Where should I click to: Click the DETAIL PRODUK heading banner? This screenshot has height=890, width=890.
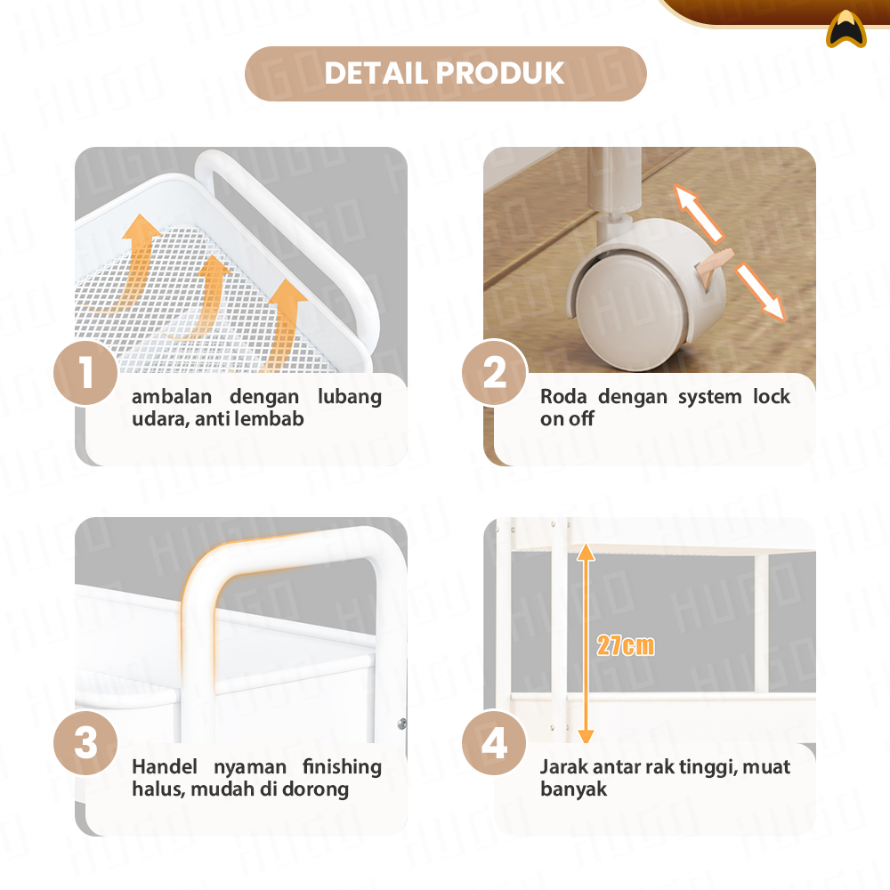pos(446,74)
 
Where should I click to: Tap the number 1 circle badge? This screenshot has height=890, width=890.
pos(85,373)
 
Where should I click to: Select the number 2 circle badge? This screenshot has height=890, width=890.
pos(494,373)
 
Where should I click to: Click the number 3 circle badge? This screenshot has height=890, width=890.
pos(85,743)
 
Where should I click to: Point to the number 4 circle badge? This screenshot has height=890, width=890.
pos(494,743)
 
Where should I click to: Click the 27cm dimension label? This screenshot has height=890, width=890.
pos(626,646)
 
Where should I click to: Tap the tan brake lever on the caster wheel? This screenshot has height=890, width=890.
pos(716,265)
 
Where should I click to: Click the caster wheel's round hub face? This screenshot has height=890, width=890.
pos(632,310)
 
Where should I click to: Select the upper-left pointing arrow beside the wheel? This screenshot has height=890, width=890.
pos(697,213)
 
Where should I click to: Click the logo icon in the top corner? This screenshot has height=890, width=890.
pos(846,29)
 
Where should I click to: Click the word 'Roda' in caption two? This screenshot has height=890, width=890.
pos(563,396)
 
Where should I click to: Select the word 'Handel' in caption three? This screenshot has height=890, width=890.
pos(165,767)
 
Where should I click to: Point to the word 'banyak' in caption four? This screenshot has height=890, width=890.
pos(573,789)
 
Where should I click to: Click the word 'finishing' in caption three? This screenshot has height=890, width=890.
pos(342,767)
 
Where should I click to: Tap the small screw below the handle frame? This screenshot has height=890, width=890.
pos(402,723)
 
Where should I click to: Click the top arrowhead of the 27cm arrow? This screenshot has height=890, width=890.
pos(586,552)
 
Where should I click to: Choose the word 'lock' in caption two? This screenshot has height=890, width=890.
pos(772,396)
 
